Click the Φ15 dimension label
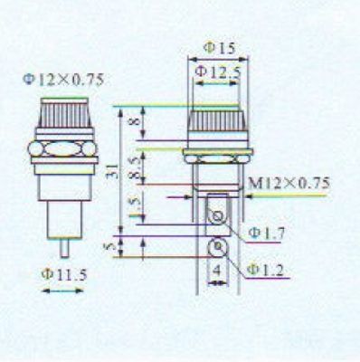[x=219, y=48]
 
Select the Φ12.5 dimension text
[x=218, y=72]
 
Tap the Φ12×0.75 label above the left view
[x=63, y=81]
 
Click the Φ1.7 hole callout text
[x=267, y=233]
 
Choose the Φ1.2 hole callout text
[x=265, y=270]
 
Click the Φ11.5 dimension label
[x=64, y=274]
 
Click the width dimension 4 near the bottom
[x=217, y=271]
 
